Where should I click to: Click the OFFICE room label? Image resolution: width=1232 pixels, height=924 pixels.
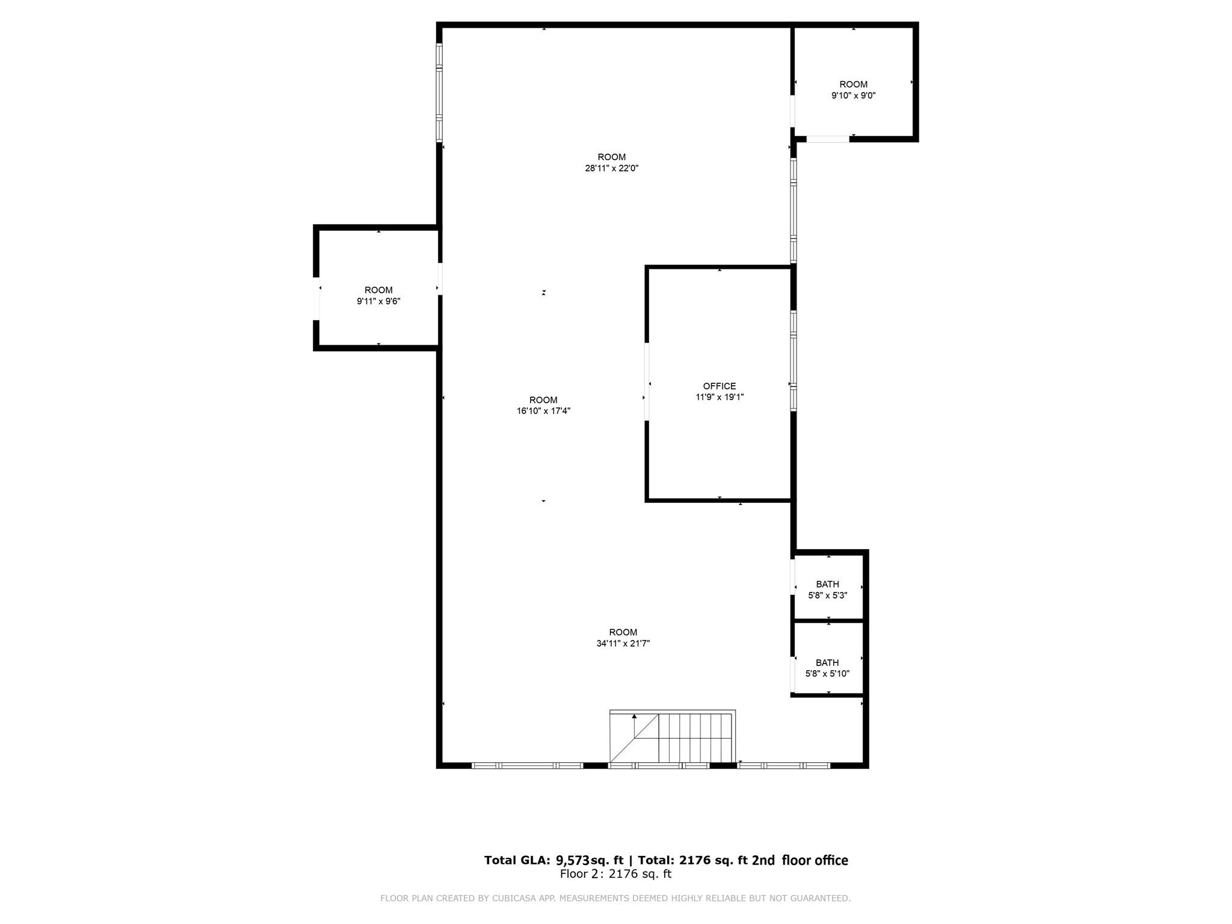click(719, 386)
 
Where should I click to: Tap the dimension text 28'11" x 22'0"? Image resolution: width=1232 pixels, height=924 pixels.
click(611, 168)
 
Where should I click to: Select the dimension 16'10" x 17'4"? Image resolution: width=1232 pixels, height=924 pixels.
click(543, 411)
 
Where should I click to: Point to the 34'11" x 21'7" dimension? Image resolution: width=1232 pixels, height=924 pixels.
click(623, 643)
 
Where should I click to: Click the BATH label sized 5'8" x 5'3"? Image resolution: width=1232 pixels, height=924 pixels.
click(827, 584)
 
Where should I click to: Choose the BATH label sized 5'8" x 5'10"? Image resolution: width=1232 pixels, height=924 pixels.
click(827, 663)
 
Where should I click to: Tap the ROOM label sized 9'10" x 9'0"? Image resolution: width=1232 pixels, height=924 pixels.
click(853, 84)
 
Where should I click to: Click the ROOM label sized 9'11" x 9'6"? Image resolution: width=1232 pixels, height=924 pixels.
click(378, 290)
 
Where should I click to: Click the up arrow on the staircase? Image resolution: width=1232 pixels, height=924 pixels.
click(634, 717)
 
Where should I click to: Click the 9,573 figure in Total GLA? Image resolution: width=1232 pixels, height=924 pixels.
click(572, 860)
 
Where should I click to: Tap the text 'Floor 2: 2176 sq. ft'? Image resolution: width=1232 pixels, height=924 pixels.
click(615, 874)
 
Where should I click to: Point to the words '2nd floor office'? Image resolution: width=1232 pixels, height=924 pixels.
click(800, 860)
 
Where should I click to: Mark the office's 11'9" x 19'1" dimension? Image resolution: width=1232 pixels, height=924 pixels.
click(719, 397)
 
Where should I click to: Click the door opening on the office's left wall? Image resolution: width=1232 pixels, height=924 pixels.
click(647, 381)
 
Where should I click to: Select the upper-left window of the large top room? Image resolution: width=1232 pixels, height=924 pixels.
click(439, 93)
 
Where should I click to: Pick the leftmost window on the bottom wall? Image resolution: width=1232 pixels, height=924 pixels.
click(527, 765)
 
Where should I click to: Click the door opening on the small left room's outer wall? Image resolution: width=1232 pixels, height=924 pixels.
click(316, 298)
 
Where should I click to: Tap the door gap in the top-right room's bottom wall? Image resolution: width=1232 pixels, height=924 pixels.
click(827, 139)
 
